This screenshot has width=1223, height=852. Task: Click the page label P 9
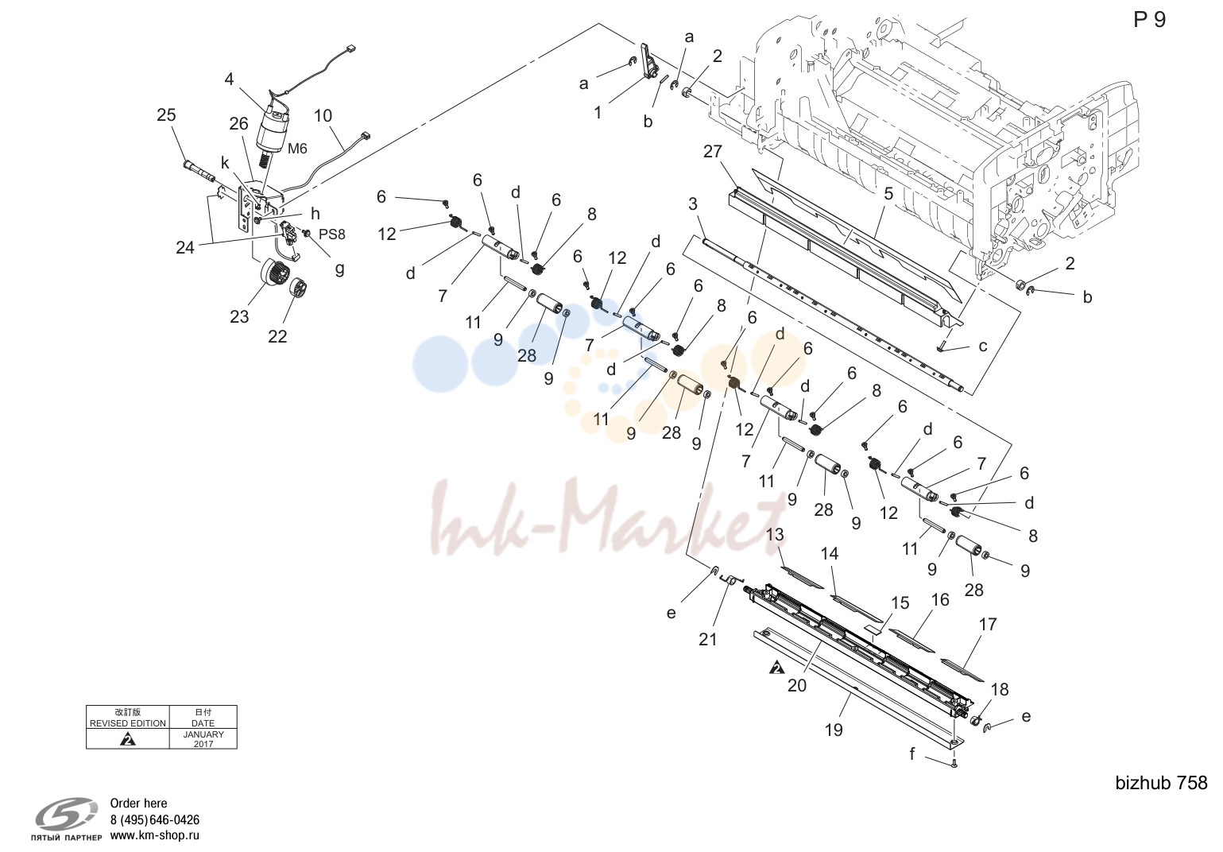[1150, 20]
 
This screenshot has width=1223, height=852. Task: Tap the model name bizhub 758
[1161, 783]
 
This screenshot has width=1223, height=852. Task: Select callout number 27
[713, 151]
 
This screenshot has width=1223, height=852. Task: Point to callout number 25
[167, 114]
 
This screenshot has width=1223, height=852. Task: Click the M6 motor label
[297, 148]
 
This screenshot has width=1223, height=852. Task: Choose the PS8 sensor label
[332, 234]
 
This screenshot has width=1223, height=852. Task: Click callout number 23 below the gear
[239, 317]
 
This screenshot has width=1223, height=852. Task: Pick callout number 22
[277, 336]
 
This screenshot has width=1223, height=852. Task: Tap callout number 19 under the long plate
[834, 730]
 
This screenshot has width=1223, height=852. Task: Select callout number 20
[797, 685]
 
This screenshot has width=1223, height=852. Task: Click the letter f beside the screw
[912, 753]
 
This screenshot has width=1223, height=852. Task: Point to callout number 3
[693, 203]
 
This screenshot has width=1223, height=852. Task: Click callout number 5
[888, 193]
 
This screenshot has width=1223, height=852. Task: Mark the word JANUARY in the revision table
[203, 734]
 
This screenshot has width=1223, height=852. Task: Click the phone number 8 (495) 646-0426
[154, 819]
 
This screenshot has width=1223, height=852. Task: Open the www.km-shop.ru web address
[154, 835]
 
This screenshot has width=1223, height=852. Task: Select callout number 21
[708, 639]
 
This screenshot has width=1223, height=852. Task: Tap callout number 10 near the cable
[323, 116]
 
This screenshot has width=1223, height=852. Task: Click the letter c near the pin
[983, 347]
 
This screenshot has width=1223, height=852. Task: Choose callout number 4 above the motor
[229, 79]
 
